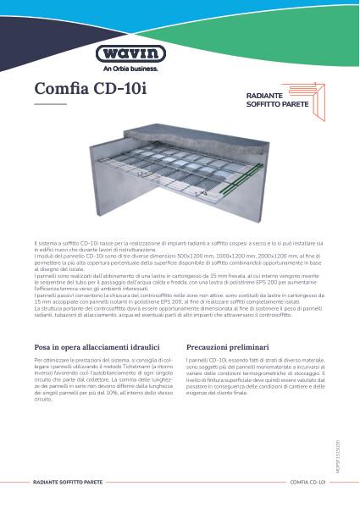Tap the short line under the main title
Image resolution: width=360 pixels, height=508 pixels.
coord(50,105)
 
